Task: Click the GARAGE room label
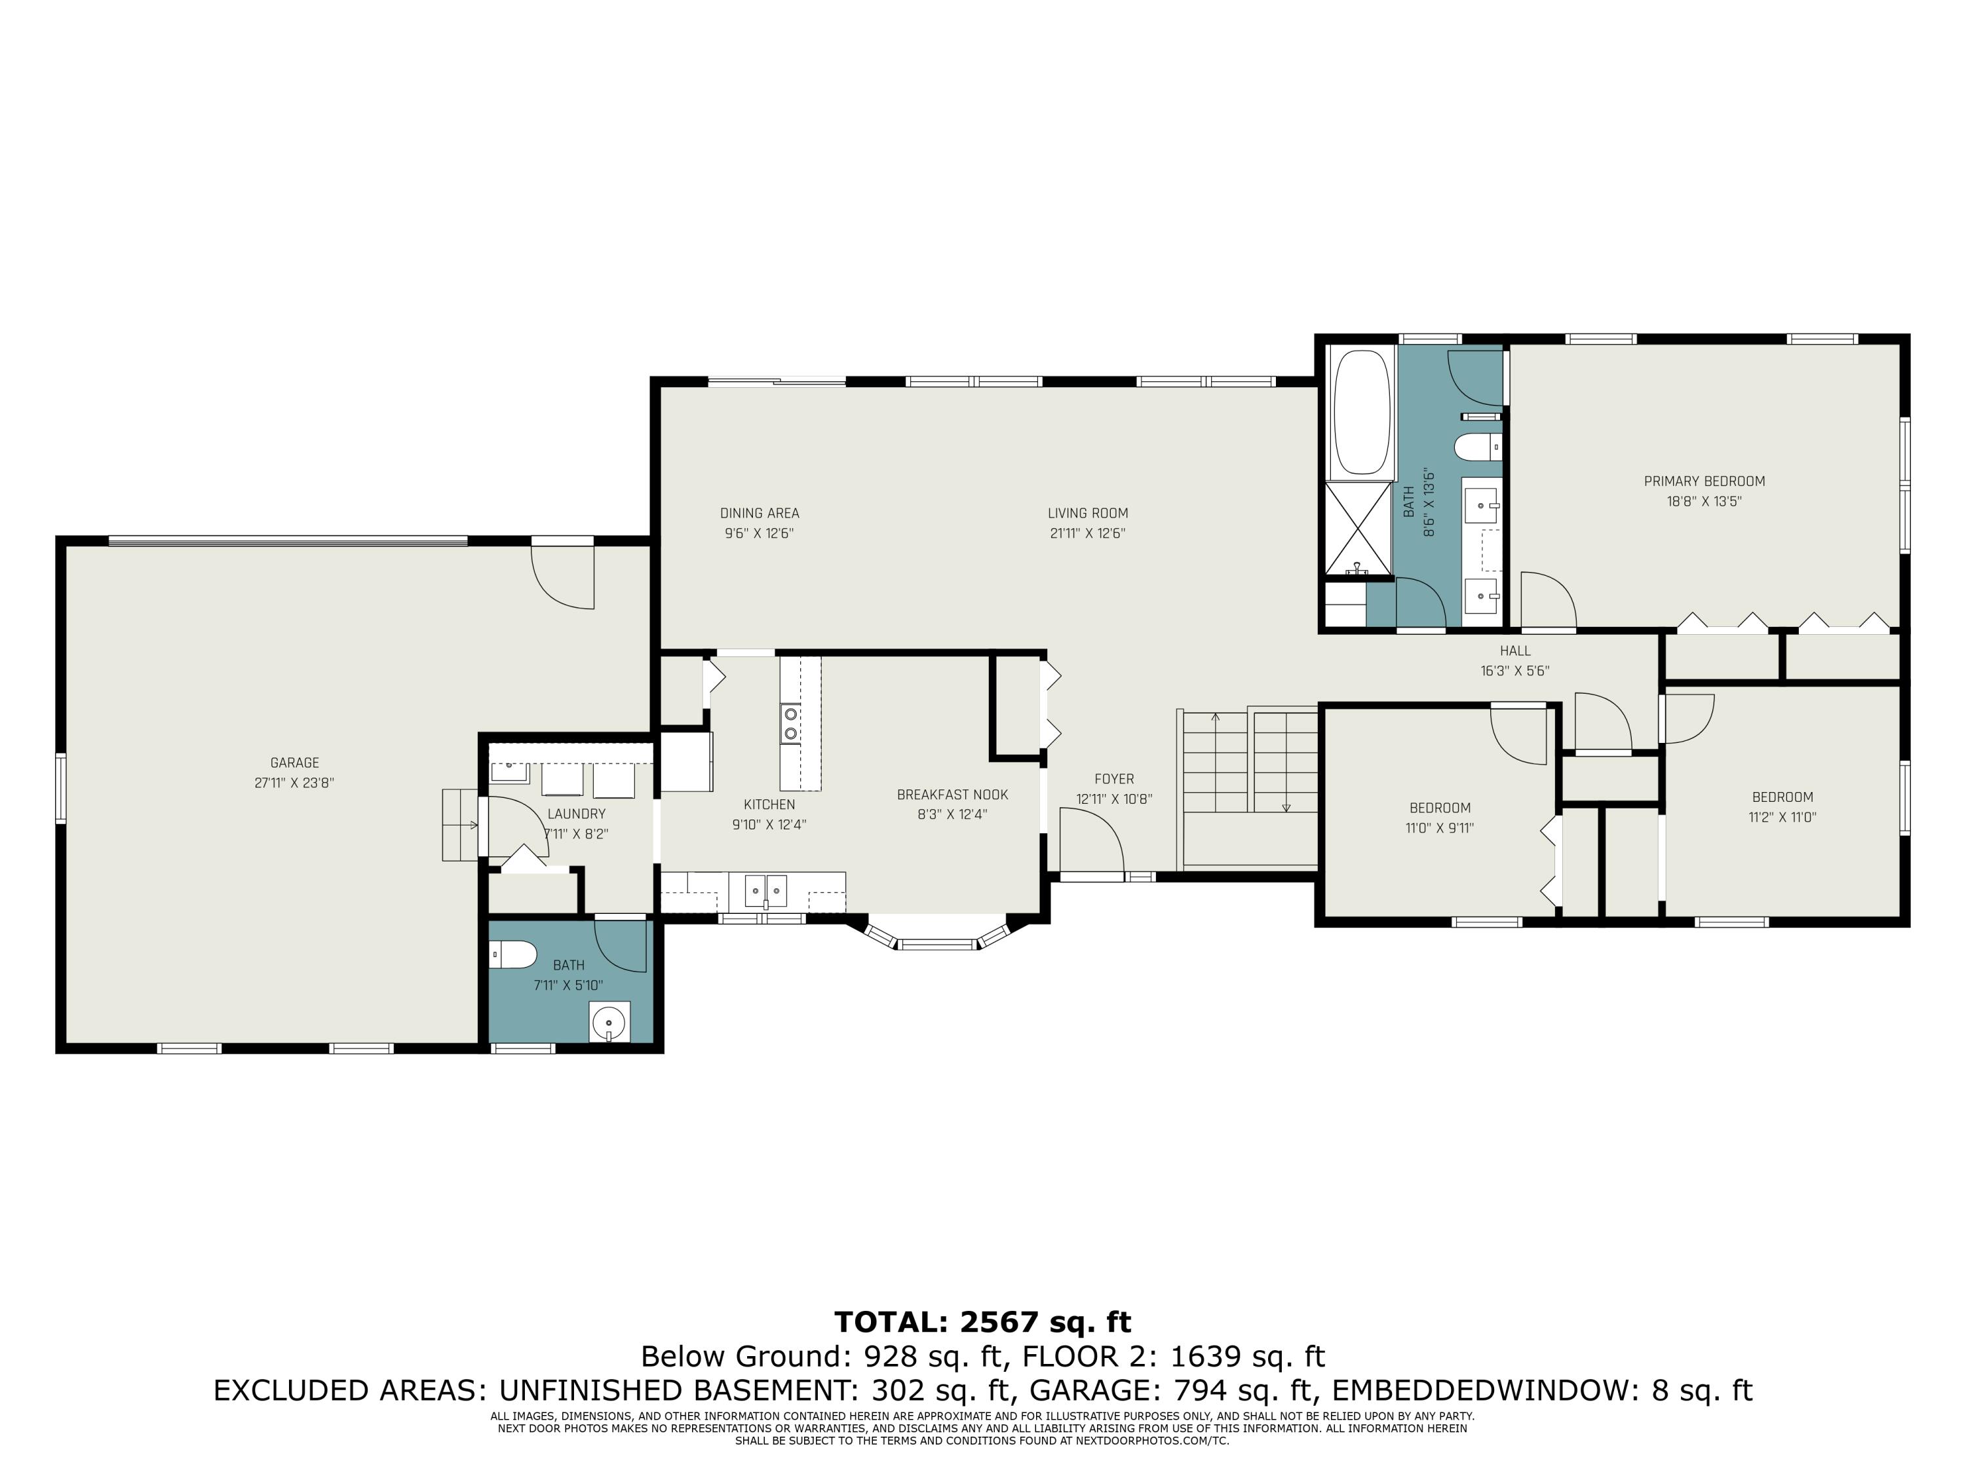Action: pos(294,763)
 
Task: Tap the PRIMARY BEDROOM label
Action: pos(1704,482)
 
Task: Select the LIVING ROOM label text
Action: pos(1088,513)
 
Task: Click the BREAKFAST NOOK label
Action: pos(953,794)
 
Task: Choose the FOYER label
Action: pos(1115,779)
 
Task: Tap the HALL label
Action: pos(1515,651)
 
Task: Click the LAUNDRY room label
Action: pos(576,814)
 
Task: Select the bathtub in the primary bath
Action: pos(1360,412)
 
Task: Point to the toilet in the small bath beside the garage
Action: pos(514,955)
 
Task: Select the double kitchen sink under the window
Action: pos(765,890)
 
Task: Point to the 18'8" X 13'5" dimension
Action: pos(1704,501)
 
